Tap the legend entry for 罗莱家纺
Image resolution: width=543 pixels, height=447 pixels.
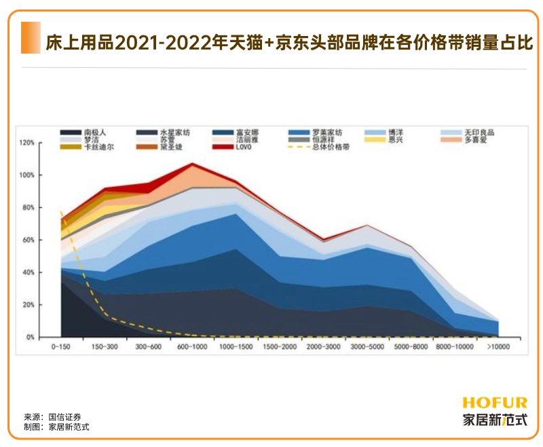pos(326,132)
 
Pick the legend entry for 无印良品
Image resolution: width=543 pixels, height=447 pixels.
pos(479,132)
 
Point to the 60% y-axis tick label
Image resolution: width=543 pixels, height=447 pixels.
pos(28,240)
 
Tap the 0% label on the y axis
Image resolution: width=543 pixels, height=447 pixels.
pos(30,338)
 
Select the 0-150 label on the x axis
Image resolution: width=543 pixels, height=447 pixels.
pos(62,347)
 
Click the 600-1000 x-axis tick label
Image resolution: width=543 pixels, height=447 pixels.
pos(192,347)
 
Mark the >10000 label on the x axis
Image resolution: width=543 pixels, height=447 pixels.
pos(498,347)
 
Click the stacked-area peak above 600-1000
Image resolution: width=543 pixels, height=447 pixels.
pos(193,164)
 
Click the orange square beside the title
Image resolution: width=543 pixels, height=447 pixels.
pos(31,37)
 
